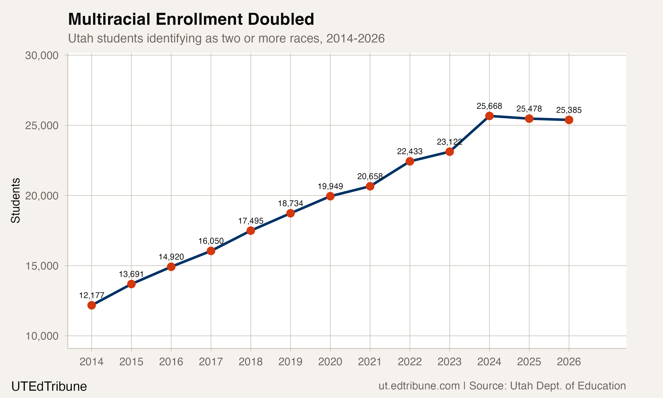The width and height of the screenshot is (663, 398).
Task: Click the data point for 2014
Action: (x=91, y=305)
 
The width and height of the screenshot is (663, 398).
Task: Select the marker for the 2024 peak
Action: (x=489, y=116)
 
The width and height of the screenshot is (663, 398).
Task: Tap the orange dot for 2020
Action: (x=330, y=196)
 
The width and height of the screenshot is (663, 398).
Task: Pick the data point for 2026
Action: (x=569, y=120)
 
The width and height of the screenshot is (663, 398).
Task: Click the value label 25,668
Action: (x=489, y=106)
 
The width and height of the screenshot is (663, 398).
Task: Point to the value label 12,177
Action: (x=91, y=295)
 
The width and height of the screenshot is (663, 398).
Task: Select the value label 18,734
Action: (x=290, y=203)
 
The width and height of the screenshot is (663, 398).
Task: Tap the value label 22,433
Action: (x=410, y=151)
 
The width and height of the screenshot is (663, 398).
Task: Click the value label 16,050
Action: (x=211, y=241)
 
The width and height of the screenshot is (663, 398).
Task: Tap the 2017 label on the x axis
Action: (x=211, y=362)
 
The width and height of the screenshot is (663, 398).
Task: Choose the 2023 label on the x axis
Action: (x=450, y=362)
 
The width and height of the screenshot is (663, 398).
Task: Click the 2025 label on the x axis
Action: (x=529, y=362)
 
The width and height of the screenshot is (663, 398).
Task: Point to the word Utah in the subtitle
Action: (x=81, y=38)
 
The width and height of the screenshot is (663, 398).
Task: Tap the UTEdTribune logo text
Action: (x=49, y=386)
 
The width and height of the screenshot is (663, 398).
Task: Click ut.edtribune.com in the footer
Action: (x=419, y=386)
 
